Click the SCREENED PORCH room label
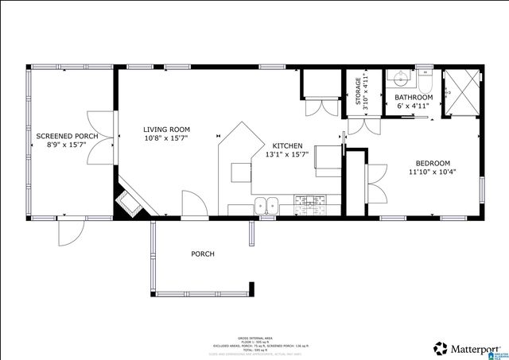[x=67, y=136]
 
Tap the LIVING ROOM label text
[x=166, y=129]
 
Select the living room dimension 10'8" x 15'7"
[x=166, y=138]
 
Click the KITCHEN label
[x=287, y=145]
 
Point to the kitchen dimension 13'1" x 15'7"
[x=287, y=155]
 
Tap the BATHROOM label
[x=414, y=97]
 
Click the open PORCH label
[x=202, y=254]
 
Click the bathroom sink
[x=400, y=79]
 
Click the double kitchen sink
[x=266, y=205]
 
